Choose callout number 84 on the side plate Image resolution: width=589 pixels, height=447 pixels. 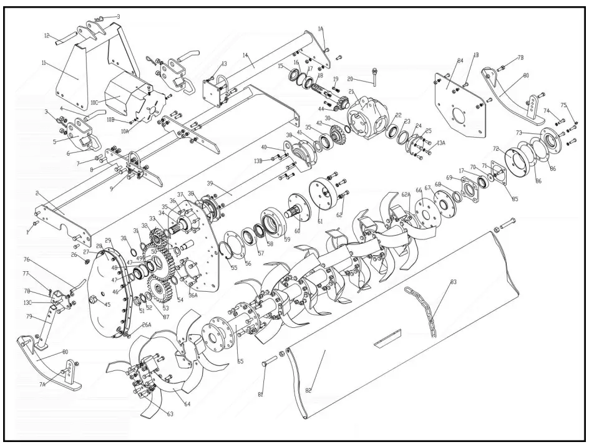coord(459,60)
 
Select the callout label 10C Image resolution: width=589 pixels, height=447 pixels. coord(94,101)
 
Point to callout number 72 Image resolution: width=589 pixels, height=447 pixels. coord(496,150)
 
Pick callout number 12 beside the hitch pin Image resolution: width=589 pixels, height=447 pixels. coord(47,36)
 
